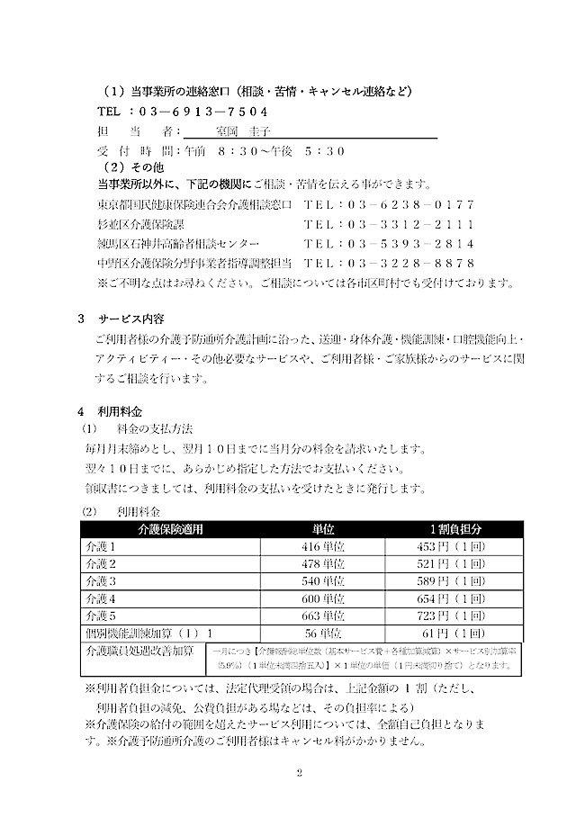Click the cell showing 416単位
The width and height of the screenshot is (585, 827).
click(x=323, y=546)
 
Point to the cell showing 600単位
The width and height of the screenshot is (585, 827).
click(x=323, y=598)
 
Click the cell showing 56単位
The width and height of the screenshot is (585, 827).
click(x=323, y=634)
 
